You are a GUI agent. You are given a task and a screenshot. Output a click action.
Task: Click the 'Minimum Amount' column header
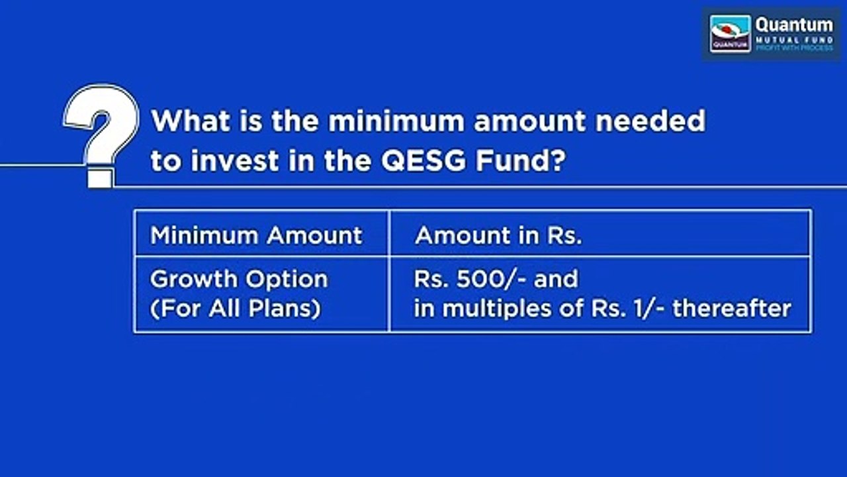point(256,236)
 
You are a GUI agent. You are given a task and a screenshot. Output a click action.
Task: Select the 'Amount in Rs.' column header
point(498,236)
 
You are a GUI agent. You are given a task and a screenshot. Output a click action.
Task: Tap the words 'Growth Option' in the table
point(239,279)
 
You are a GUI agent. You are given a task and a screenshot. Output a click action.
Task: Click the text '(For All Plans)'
point(236,309)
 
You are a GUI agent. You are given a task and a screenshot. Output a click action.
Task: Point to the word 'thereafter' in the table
point(732,309)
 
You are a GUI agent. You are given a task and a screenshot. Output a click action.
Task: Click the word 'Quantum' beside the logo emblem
point(794,25)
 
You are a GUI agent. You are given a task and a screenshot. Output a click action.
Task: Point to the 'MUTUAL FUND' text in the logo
point(794,40)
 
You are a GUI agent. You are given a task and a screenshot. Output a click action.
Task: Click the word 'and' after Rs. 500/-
point(556,279)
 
